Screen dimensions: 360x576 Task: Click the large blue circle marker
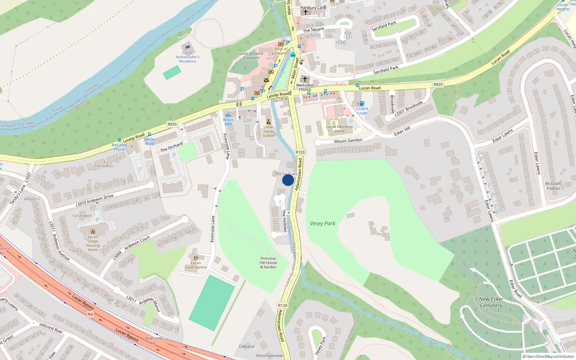(x=288, y=180)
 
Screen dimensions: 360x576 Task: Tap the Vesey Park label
(x=323, y=224)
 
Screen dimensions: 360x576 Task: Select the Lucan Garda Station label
(x=269, y=131)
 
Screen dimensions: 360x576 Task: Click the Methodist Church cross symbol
(x=305, y=79)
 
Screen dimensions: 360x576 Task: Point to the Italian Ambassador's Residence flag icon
(x=187, y=48)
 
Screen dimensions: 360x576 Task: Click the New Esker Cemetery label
(x=491, y=302)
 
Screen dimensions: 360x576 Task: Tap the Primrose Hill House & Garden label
(x=269, y=263)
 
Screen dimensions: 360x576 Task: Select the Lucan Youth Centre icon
(x=195, y=258)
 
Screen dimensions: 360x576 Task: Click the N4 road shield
(x=90, y=314)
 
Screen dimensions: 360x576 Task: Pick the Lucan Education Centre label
(x=339, y=129)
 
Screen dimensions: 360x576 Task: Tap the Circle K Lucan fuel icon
(x=362, y=104)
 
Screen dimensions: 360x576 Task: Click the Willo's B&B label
(x=228, y=122)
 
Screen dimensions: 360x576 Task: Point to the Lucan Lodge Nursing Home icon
(x=93, y=231)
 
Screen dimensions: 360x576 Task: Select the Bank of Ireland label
(x=281, y=51)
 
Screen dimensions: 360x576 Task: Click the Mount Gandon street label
(x=348, y=141)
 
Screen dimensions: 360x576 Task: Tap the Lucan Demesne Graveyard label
(x=251, y=55)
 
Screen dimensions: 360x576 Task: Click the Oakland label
(x=247, y=346)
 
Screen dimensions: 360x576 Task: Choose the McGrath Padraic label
(x=554, y=186)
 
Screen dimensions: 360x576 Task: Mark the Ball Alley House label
(x=120, y=147)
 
